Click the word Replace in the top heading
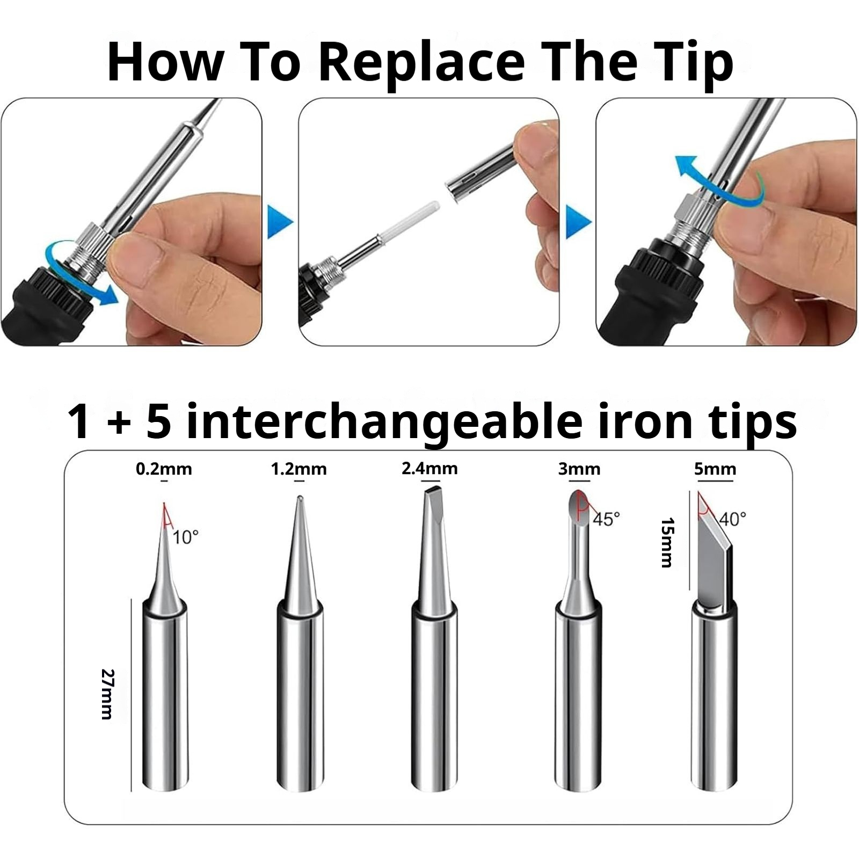(421, 63)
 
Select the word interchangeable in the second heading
(384, 423)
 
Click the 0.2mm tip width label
(164, 469)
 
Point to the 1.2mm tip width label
(299, 469)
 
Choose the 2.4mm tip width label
(429, 469)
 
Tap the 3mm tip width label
(579, 469)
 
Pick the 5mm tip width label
(715, 469)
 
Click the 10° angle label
(186, 537)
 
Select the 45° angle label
(607, 519)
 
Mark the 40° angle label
(733, 519)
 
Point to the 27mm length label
(107, 694)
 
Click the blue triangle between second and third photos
(578, 222)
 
